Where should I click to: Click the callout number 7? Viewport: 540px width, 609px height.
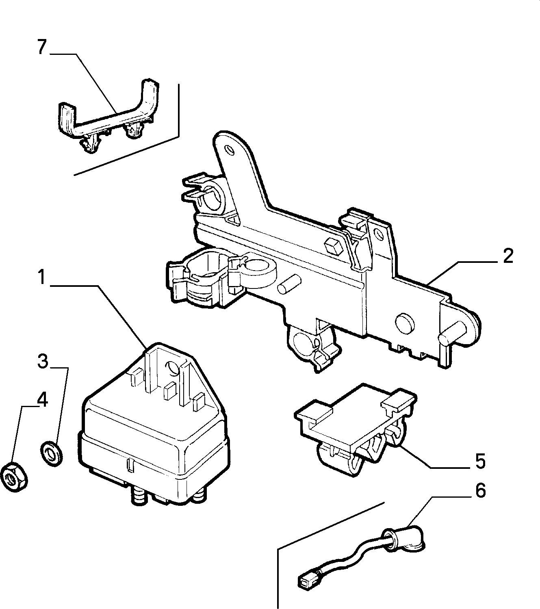(42, 47)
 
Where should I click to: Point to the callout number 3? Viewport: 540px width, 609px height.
(43, 361)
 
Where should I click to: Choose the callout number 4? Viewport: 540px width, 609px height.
(42, 400)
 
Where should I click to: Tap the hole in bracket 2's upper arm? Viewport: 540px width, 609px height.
(230, 150)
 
